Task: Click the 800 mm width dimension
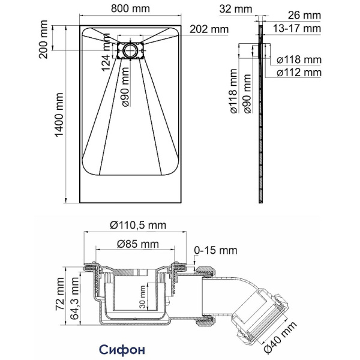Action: pyautogui.click(x=131, y=9)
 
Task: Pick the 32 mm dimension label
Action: pyautogui.click(x=235, y=9)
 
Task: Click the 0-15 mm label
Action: pyautogui.click(x=215, y=250)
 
